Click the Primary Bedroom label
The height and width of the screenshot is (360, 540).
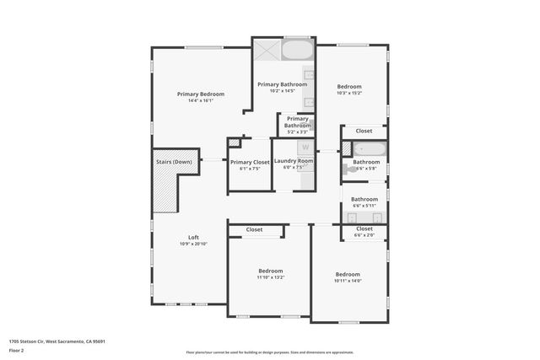[x=201, y=94]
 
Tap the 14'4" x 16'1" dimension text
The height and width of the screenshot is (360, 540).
[x=201, y=100]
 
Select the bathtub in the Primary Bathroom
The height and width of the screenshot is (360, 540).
[x=295, y=51]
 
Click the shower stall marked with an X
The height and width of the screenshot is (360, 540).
[x=267, y=50]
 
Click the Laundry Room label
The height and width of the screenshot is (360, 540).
[x=294, y=161]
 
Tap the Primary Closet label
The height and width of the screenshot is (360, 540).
[x=250, y=162]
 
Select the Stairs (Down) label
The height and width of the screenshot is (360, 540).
[x=174, y=161]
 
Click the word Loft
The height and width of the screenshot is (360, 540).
[x=193, y=237]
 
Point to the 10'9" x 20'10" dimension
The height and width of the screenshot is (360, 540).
[x=193, y=244]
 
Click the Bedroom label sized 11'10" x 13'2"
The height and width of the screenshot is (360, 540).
[x=271, y=271]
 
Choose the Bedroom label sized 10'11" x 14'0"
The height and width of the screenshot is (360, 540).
[x=348, y=274]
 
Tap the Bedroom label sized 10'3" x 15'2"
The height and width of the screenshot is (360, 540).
[x=349, y=86]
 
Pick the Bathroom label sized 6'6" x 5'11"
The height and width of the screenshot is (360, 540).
[x=364, y=199]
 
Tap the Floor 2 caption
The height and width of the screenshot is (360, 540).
[x=17, y=350]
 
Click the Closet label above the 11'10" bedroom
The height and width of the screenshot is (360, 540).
[x=254, y=229]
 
